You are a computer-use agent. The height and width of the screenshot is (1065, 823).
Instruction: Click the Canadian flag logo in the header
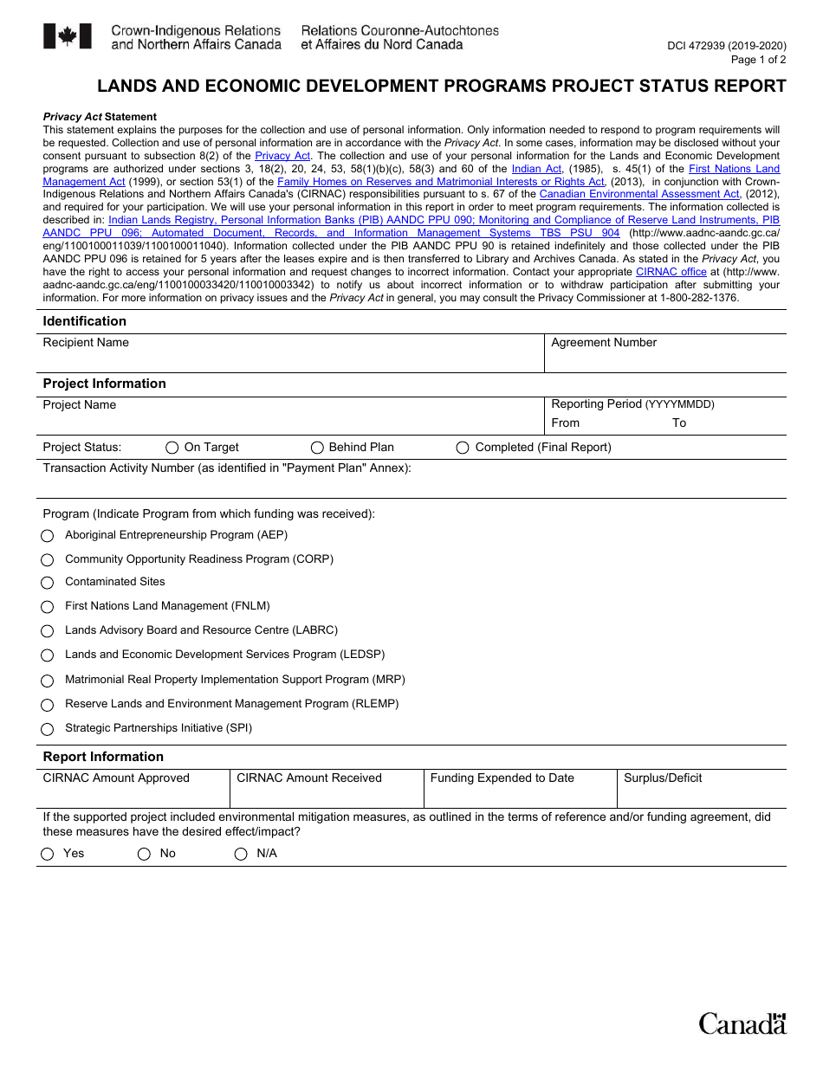[67, 36]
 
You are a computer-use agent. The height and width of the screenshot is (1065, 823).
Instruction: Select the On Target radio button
[172, 448]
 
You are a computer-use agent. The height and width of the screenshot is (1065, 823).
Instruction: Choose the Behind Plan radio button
[317, 448]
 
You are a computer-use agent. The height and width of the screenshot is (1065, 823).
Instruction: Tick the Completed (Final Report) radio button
[463, 448]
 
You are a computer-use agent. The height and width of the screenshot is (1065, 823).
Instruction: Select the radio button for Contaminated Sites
[48, 583]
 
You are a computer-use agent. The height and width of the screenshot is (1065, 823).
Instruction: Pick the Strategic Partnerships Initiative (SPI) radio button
[48, 729]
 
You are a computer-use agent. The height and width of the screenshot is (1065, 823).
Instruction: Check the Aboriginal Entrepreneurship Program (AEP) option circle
[48, 536]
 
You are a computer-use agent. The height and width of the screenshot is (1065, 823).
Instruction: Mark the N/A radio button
[241, 855]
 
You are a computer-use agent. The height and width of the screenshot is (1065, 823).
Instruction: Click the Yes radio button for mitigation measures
[48, 855]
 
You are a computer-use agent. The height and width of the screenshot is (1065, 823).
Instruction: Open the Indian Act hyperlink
[536, 169]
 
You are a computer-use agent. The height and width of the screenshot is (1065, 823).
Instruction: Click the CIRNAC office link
[671, 272]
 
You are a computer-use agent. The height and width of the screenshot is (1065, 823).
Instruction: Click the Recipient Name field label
[86, 343]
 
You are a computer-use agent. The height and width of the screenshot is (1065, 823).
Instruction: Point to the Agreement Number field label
[604, 343]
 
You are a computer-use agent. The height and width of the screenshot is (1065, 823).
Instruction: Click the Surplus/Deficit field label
[663, 778]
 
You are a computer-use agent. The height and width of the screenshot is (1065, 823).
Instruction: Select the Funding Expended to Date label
[502, 778]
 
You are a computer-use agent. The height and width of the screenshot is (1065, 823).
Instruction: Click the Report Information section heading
[103, 757]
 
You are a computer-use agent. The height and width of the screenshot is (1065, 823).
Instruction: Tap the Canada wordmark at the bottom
[742, 1024]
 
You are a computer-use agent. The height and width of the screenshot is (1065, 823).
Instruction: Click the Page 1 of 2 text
[758, 60]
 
